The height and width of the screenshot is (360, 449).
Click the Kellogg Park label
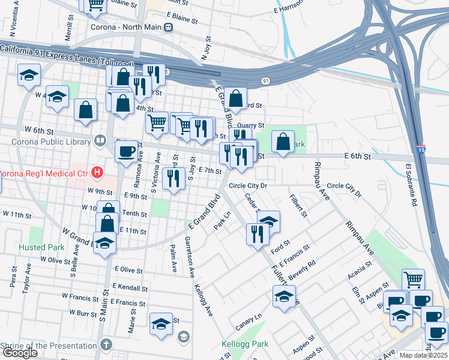click(x=243, y=344)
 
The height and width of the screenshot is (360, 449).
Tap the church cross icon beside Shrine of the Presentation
click(x=106, y=344)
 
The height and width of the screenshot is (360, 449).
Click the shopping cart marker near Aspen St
click(x=412, y=279)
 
